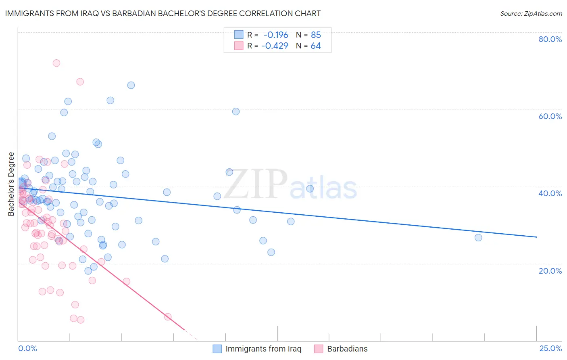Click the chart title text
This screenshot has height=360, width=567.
point(163,13)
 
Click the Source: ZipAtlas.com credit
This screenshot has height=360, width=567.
point(531,14)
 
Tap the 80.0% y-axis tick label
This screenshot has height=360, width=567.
point(550,39)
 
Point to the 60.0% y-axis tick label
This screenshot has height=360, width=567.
point(550,116)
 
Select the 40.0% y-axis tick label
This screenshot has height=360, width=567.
point(550,193)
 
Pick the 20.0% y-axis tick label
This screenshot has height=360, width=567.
point(550,270)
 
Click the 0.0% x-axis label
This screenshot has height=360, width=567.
point(27,348)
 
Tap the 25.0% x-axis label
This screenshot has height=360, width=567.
point(550,348)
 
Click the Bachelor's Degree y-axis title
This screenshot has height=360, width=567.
point(11,184)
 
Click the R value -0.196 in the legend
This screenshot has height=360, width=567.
point(276,35)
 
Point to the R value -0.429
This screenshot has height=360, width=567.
point(275,46)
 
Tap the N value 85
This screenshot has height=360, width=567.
point(316,35)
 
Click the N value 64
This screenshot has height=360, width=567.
point(316,46)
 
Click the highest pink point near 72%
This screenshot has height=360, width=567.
point(56,63)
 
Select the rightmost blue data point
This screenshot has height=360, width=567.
point(478,237)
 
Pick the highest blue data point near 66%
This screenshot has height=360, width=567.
point(131,85)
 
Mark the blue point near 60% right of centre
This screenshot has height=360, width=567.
point(236,111)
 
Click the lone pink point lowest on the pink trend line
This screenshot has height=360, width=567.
point(168,317)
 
